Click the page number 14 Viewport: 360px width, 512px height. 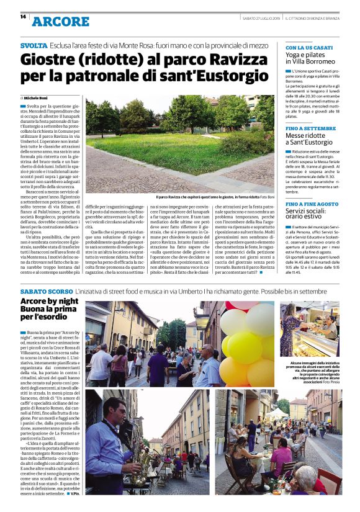pyautogui.click(x=23, y=17)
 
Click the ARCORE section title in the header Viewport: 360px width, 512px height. pyautogui.click(x=60, y=21)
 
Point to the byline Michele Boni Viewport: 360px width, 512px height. pyautogui.click(x=37, y=98)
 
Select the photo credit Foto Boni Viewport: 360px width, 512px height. pyautogui.click(x=267, y=197)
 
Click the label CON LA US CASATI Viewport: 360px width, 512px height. pyautogui.click(x=308, y=47)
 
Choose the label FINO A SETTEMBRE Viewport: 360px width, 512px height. pyautogui.click(x=310, y=128)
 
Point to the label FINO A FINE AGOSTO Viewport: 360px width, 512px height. pyautogui.click(x=312, y=204)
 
